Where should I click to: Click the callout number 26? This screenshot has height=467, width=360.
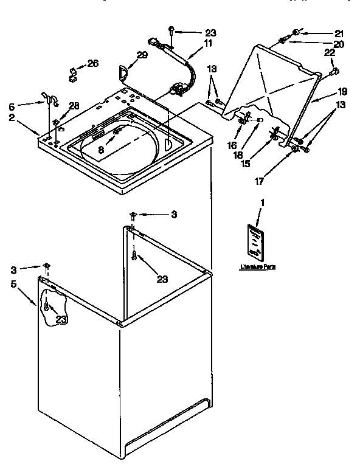93,63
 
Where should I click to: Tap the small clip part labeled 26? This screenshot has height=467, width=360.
72,75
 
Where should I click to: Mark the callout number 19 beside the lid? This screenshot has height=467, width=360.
342,92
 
